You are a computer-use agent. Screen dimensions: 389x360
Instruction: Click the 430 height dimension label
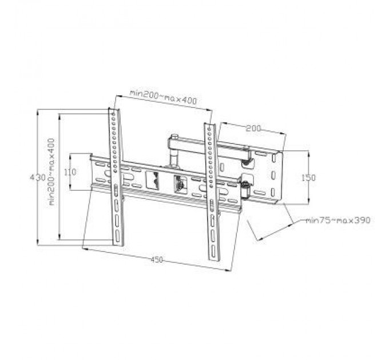38,178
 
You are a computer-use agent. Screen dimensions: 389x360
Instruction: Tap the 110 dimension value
70,172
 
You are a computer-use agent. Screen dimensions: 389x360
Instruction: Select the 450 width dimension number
157,259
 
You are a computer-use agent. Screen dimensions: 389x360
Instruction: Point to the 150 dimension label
308,178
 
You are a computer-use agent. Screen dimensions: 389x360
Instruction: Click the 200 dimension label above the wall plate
253,129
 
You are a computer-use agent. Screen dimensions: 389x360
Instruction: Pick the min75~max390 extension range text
338,220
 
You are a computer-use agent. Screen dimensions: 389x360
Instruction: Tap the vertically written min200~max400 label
51,172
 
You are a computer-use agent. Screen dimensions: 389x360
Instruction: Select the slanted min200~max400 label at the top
163,97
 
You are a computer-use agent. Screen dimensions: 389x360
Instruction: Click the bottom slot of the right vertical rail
213,252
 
